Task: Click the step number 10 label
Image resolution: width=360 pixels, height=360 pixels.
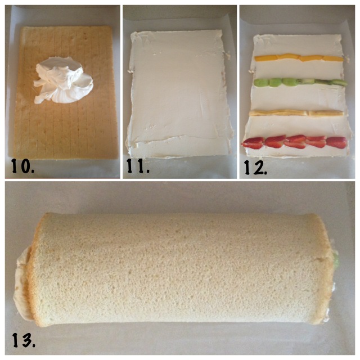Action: tap(22, 166)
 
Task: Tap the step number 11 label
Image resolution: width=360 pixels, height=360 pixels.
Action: tap(138, 166)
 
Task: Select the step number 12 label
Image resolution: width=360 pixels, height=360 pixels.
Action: tap(255, 167)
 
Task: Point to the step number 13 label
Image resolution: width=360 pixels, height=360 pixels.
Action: tap(24, 340)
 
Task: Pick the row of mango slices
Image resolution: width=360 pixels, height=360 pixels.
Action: tap(299, 57)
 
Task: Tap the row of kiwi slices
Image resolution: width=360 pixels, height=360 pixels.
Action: tap(300, 83)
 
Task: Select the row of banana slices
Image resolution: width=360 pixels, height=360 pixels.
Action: tap(296, 113)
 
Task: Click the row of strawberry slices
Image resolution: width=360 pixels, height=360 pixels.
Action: tap(294, 142)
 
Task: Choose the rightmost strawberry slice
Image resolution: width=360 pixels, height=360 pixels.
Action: tap(337, 142)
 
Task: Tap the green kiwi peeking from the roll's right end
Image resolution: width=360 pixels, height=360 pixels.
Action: tap(336, 258)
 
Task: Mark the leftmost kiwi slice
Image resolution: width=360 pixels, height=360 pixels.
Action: tap(260, 83)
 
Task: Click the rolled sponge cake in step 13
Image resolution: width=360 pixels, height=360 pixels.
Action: tap(177, 269)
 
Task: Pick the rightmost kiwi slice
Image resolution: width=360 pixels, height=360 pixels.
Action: tap(340, 83)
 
